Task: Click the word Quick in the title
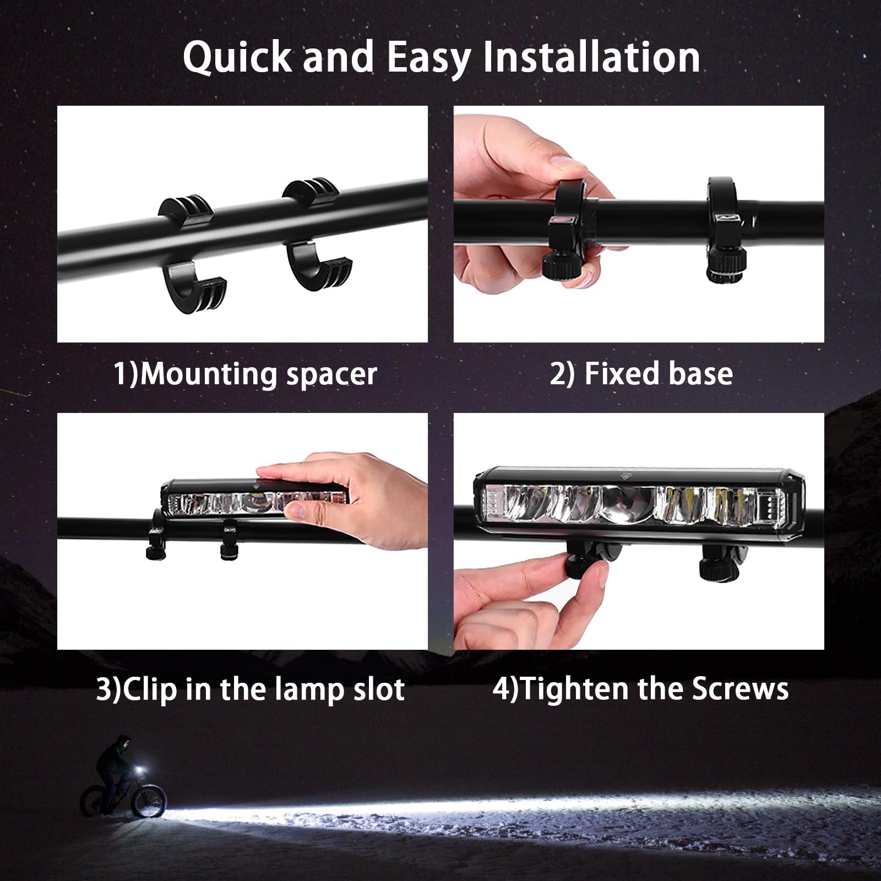(237, 57)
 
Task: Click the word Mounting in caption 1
(209, 375)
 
